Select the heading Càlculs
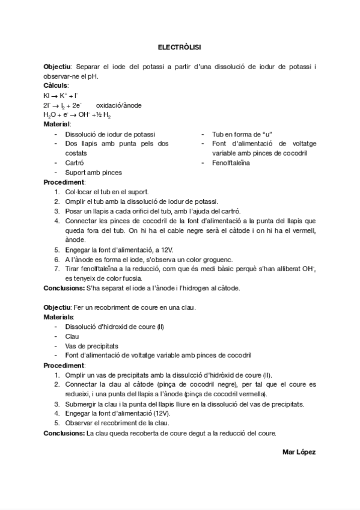tap(55, 86)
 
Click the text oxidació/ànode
tap(118, 105)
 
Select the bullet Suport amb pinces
tap(93, 173)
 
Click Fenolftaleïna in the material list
tap(231, 163)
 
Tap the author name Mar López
tap(299, 451)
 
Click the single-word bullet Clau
tap(72, 336)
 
